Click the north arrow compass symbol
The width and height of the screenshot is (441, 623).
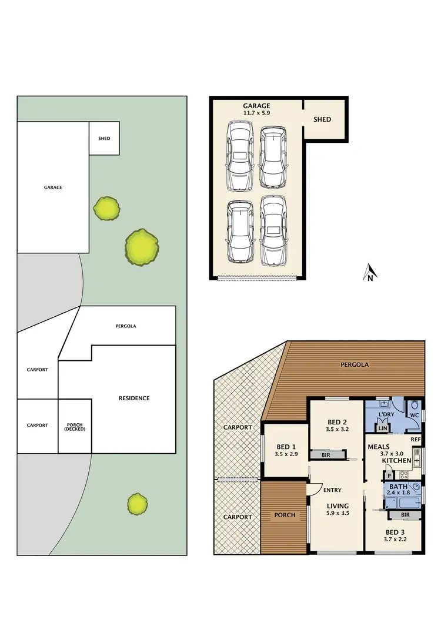[370, 273]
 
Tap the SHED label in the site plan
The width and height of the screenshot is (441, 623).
[104, 139]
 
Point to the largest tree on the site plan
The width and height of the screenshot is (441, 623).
[141, 247]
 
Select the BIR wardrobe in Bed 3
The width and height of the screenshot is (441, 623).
[405, 514]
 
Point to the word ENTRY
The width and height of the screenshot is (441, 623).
[332, 490]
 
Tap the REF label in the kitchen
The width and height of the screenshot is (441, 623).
[416, 439]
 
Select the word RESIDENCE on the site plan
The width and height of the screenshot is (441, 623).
[134, 398]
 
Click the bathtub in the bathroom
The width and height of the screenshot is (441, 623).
[395, 502]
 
